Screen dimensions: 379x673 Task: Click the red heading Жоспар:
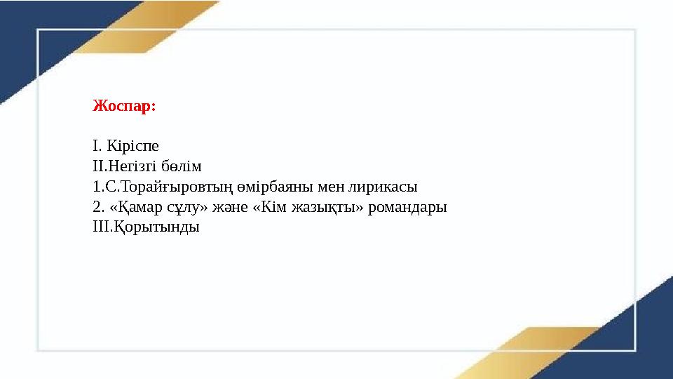click(124, 107)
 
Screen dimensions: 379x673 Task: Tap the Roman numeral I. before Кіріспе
click(97, 146)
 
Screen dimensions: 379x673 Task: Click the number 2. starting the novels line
click(98, 207)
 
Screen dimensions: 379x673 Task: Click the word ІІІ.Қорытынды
click(146, 227)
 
